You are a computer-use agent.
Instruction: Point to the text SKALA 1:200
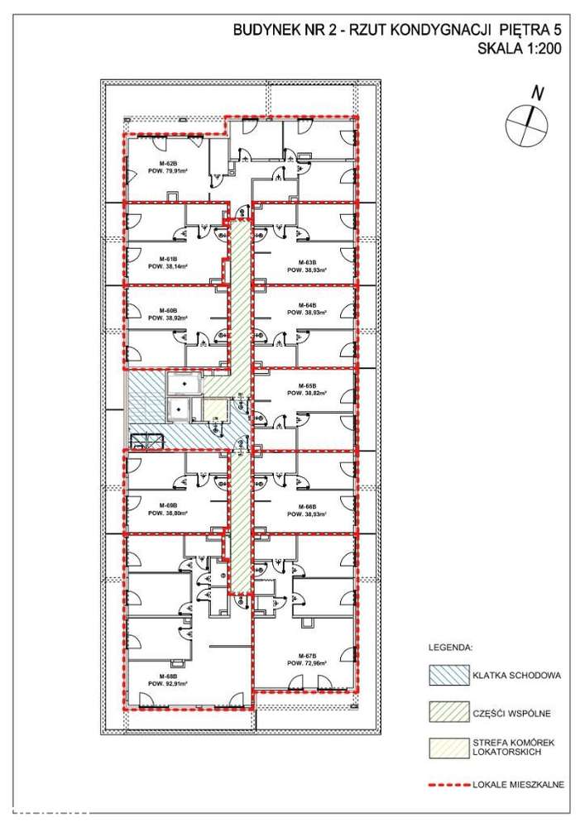pyautogui.click(x=520, y=49)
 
